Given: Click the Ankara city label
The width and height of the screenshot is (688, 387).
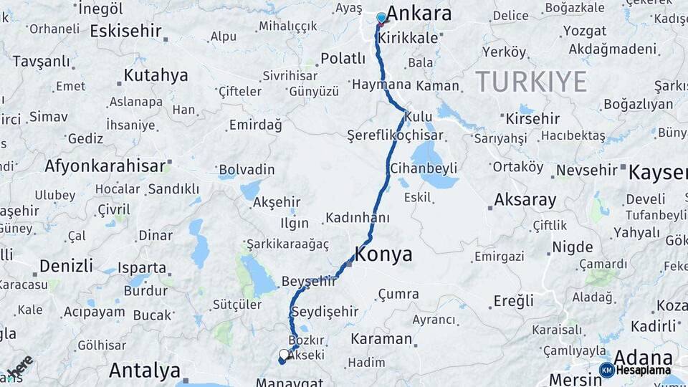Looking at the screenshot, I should [419, 14].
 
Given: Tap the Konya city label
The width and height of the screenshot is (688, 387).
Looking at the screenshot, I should [384, 254].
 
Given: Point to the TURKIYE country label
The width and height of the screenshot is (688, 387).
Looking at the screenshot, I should [531, 82].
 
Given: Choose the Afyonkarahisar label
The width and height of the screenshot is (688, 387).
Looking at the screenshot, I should [105, 166].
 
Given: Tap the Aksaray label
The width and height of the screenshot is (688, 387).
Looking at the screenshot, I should [525, 199].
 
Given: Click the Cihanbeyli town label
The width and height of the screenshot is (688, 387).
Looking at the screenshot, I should [424, 168].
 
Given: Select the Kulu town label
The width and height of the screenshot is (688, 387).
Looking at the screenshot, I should [418, 116].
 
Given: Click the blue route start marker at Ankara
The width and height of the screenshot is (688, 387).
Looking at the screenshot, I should [381, 18].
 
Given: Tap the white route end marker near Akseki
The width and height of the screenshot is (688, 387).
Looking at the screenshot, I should [285, 355].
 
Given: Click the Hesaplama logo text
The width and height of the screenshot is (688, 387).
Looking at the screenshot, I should [643, 370].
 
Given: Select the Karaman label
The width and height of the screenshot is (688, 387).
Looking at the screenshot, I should [381, 338].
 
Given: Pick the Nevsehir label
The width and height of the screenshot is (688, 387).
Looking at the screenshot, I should [586, 170].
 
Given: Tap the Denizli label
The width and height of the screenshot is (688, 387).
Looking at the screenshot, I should [66, 266].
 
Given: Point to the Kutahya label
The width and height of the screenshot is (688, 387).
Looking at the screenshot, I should [156, 75].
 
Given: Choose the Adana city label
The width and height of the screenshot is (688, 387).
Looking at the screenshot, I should [643, 357].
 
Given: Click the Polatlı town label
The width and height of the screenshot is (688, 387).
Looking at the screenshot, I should [343, 58].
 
